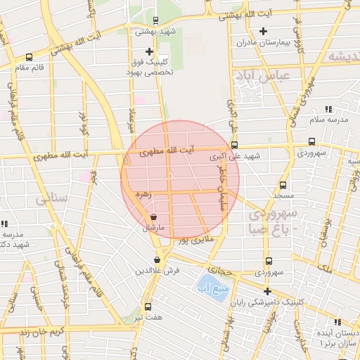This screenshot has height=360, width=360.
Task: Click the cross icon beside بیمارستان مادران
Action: pos(263,31)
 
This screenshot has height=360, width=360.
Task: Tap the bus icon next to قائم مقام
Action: pos(28,58)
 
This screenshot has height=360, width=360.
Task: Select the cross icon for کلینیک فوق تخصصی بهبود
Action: pos(148,51)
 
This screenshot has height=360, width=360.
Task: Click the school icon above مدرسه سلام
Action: pos(328,109)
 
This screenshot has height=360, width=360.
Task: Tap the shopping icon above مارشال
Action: pos(153,217)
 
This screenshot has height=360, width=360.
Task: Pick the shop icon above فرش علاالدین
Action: pos(157,259)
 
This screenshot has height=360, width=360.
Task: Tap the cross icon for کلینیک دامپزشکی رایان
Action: pos(266,291)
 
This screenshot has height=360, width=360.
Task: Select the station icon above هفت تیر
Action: pos(147,307)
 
